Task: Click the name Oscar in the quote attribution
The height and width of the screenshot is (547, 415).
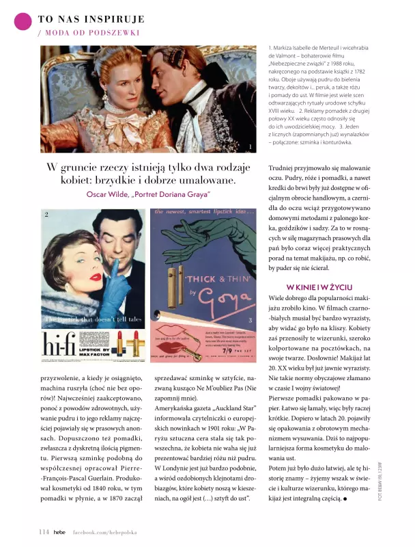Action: tap(98, 194)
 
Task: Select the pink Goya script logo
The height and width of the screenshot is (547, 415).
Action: tap(223, 298)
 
